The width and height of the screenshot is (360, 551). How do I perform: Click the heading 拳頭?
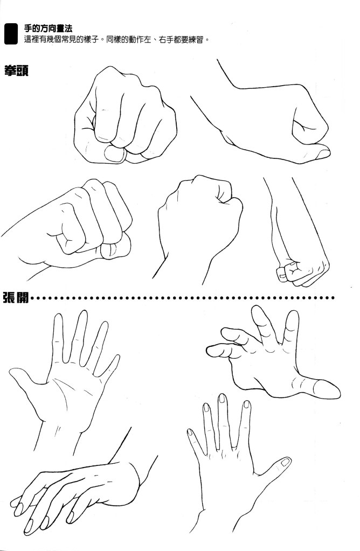(x=16, y=71)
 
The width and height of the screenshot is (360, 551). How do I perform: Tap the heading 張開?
(x=16, y=297)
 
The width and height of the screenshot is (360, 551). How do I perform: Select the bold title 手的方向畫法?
(x=48, y=28)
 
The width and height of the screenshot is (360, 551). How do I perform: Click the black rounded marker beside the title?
(x=11, y=34)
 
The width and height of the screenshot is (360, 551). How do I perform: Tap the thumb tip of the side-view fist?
(x=323, y=154)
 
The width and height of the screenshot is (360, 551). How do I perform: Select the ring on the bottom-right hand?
(x=234, y=447)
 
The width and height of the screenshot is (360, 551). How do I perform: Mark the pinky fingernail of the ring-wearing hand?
(x=190, y=432)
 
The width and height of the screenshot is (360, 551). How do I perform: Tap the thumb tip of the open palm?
(x=13, y=373)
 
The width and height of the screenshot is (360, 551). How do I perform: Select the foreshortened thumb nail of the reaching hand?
(x=327, y=389)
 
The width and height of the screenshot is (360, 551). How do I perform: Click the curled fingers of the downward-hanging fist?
(x=289, y=273)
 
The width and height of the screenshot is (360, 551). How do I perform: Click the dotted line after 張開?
(x=183, y=298)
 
